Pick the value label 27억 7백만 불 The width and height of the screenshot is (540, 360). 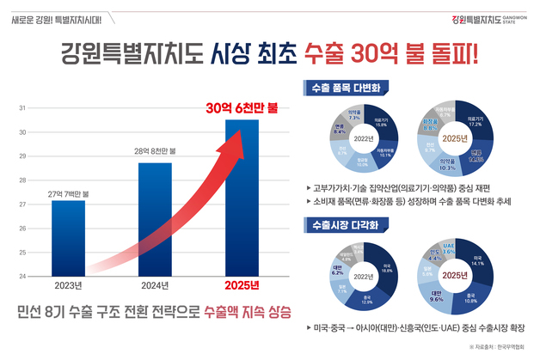[x=68, y=194]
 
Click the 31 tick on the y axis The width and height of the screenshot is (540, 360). [x=21, y=108]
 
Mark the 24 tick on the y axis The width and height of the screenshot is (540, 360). [x=21, y=276]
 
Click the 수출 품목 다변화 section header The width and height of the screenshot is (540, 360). [x=340, y=88]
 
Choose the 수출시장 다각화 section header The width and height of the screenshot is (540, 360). [x=340, y=224]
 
